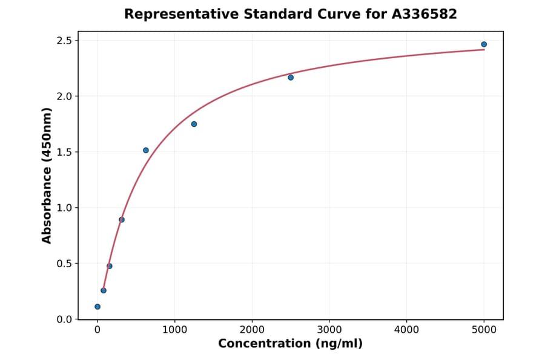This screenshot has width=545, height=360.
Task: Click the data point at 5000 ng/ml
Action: (x=484, y=44)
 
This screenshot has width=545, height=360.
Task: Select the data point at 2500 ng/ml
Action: (x=291, y=78)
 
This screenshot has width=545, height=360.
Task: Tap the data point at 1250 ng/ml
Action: (x=194, y=124)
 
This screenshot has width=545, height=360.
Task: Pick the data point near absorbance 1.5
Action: (x=146, y=150)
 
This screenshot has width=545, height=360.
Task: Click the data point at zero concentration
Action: (x=97, y=307)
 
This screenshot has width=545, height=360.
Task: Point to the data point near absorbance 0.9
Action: (x=122, y=219)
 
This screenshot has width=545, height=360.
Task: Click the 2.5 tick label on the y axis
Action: (x=64, y=41)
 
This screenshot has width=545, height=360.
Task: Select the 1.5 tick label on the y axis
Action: (x=64, y=152)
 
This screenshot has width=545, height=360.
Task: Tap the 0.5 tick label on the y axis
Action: (x=64, y=264)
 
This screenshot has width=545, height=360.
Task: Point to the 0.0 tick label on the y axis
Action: (x=64, y=319)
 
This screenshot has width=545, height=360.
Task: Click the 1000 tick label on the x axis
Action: (x=174, y=330)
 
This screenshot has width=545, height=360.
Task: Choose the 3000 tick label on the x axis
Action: (x=329, y=330)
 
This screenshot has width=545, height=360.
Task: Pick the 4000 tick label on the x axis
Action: (x=406, y=330)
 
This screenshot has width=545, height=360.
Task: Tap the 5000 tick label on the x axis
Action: (x=484, y=330)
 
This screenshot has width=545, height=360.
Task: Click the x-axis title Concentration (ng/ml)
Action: (x=290, y=344)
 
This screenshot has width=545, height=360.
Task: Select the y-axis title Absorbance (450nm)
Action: (x=47, y=175)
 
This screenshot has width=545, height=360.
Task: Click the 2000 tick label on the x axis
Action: (x=252, y=330)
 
